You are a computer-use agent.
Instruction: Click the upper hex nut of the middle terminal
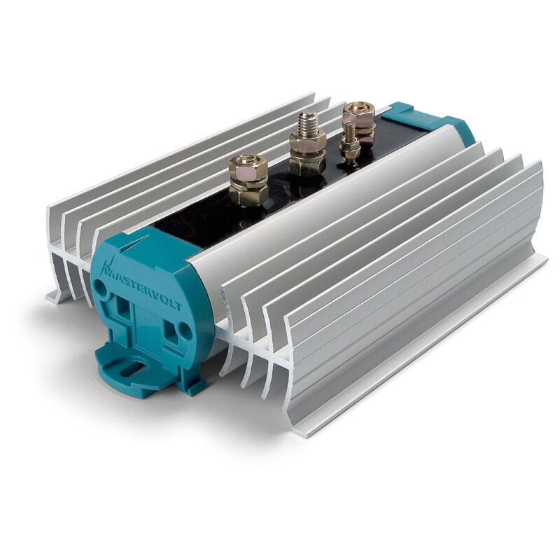(307, 142)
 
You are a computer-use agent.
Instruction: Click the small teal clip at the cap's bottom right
(193, 384)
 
